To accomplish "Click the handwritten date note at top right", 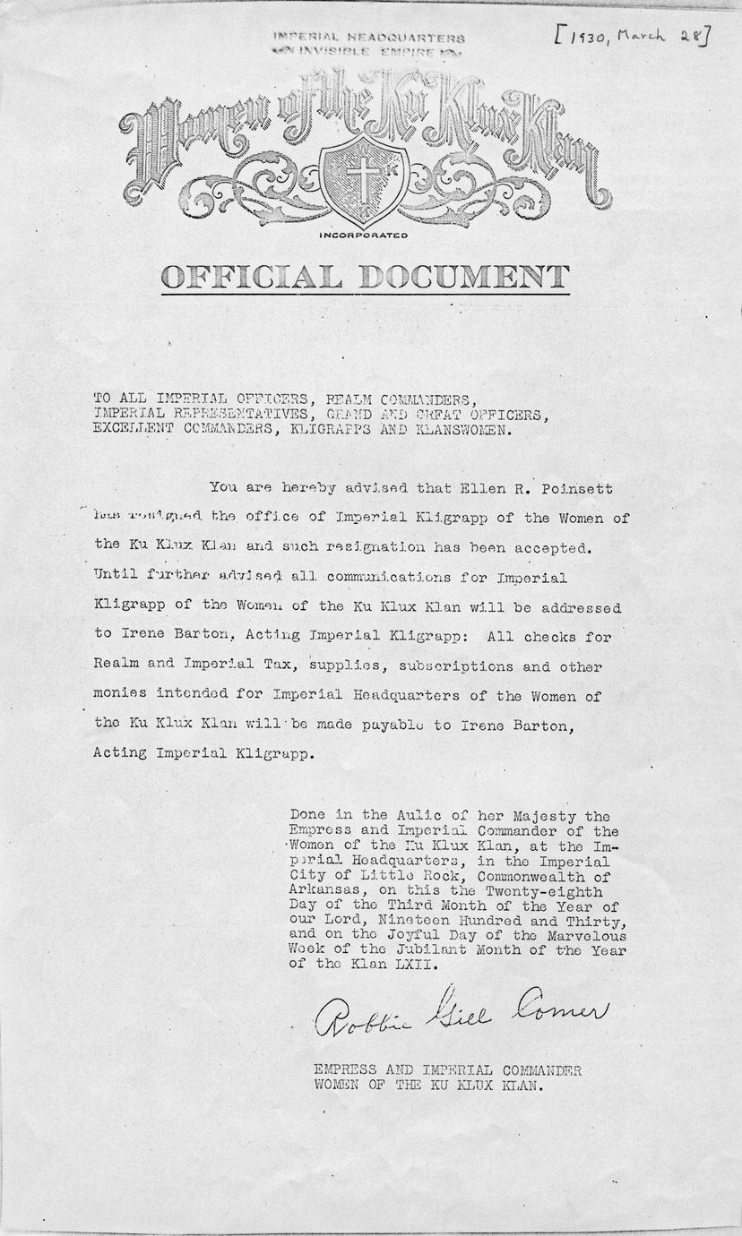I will [x=633, y=37].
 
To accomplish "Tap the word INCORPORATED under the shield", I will [x=363, y=236].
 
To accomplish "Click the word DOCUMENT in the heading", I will [x=463, y=276].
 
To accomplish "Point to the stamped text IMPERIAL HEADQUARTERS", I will [x=369, y=39].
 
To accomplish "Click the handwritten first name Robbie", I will [x=358, y=1019].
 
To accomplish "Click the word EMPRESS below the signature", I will [x=343, y=1070].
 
